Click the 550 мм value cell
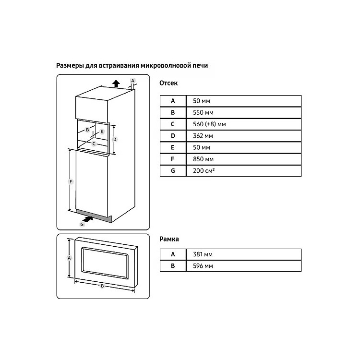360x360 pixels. (x=243, y=112)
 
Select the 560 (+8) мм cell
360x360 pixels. (x=243, y=124)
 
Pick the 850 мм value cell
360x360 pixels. (x=243, y=159)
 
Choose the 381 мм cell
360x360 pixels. (x=243, y=254)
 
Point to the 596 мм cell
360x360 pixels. (x=243, y=266)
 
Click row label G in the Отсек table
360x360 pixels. (x=173, y=171)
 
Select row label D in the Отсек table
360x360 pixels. (x=173, y=136)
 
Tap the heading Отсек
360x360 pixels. (x=168, y=83)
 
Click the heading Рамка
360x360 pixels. (x=169, y=239)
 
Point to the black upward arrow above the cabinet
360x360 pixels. (x=116, y=84)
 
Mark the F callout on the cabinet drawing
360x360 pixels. (x=71, y=182)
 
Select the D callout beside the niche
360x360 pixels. (x=115, y=139)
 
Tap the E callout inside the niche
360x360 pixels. (x=102, y=132)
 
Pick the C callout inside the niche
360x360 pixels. (x=94, y=144)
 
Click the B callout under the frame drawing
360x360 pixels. (x=102, y=286)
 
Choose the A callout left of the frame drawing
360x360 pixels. (x=69, y=258)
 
